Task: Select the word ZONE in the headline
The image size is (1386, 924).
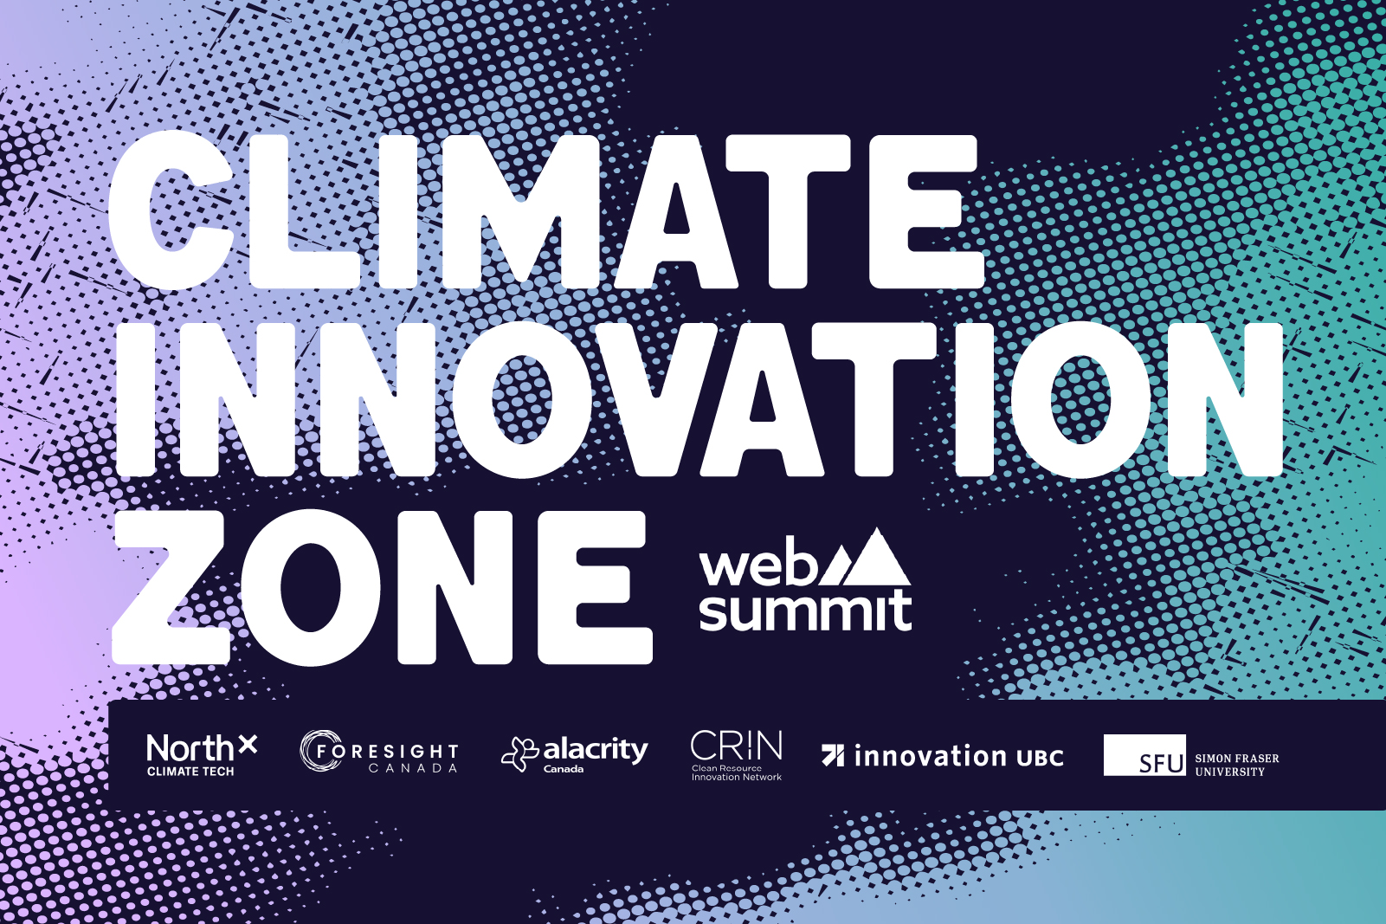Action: coord(381,587)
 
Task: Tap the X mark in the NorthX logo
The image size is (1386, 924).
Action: coord(248,744)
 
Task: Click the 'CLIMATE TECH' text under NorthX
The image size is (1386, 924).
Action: coord(190,772)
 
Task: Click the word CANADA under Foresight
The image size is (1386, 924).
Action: coord(413,768)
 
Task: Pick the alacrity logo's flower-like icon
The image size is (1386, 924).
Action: coord(520,753)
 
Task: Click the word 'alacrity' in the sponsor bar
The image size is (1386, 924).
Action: coord(596,749)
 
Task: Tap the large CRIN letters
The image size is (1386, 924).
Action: coord(737,745)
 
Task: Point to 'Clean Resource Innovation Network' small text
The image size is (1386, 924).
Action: coord(736,772)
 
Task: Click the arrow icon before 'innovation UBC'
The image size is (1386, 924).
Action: coord(833,755)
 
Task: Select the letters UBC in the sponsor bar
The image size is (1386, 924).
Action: coord(1040,758)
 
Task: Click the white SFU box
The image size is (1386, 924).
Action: coord(1144,755)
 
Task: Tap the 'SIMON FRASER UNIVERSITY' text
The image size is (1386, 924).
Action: coord(1236,765)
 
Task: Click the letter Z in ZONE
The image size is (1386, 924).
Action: coord(173,587)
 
